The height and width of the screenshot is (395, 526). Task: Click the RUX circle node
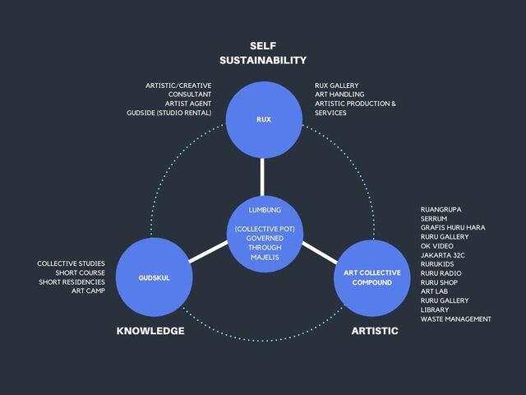263,120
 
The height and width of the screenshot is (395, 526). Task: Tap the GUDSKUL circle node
155,278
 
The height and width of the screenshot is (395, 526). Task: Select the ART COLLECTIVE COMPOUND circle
371,278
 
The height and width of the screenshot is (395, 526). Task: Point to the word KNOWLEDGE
150,331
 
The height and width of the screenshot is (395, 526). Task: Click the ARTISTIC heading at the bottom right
375,331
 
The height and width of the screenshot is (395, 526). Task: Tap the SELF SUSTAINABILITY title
263,53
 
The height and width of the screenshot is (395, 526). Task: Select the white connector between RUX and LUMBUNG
263,176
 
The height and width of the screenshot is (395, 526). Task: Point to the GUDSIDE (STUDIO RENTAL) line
169,113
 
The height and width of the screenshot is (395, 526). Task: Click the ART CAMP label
88,291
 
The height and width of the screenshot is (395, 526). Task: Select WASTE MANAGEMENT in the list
455,319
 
